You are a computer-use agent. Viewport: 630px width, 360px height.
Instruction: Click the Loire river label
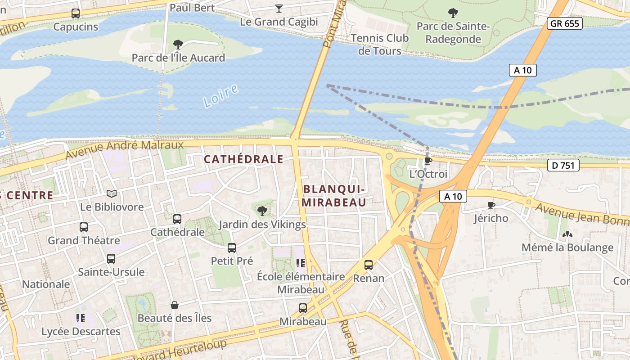(x=220, y=96)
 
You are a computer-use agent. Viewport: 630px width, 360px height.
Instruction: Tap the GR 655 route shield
(x=565, y=23)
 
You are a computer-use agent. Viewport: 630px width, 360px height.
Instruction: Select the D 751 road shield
(x=563, y=165)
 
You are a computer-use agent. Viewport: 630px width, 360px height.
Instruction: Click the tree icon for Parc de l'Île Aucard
(x=178, y=44)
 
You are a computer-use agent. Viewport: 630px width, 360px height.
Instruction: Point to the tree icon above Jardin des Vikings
(x=262, y=211)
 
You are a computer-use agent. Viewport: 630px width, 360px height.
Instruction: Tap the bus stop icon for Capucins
(x=76, y=13)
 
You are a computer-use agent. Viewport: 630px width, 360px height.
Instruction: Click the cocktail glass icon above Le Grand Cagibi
(x=279, y=8)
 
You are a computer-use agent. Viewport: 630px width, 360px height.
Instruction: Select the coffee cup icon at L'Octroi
(x=428, y=160)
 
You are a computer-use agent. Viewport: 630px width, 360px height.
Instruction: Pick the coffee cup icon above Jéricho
(x=491, y=205)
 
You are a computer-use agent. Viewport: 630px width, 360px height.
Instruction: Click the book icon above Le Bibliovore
(x=112, y=193)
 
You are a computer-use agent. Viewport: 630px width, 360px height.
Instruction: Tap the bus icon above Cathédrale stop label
(x=177, y=219)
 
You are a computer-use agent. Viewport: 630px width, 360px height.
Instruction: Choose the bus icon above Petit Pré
(x=232, y=247)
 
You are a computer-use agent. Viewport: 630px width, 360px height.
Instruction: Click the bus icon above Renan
(x=369, y=265)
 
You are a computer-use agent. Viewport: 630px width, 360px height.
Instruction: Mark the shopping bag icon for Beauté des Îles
(x=175, y=305)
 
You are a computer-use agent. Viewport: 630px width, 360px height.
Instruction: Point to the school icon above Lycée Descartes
(x=81, y=318)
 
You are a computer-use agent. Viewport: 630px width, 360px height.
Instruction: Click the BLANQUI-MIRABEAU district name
(x=334, y=196)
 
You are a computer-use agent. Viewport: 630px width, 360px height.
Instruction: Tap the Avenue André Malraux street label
(x=125, y=149)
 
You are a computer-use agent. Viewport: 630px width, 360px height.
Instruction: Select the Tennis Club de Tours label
(x=380, y=44)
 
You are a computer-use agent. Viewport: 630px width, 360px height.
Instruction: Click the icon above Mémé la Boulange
(x=567, y=234)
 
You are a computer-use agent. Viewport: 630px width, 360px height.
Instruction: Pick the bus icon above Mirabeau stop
(x=303, y=308)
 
